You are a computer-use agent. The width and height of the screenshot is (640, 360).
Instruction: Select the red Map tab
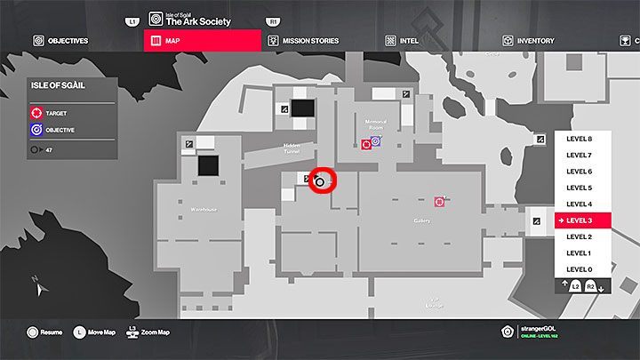202,40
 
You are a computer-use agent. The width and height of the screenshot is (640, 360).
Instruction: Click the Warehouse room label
204,210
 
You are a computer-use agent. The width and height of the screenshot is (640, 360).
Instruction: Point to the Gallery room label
422,220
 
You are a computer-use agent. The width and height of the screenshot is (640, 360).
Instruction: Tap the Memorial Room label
375,125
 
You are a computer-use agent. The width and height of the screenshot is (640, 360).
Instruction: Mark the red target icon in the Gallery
439,202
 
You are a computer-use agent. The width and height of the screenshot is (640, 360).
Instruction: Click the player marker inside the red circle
321,181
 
